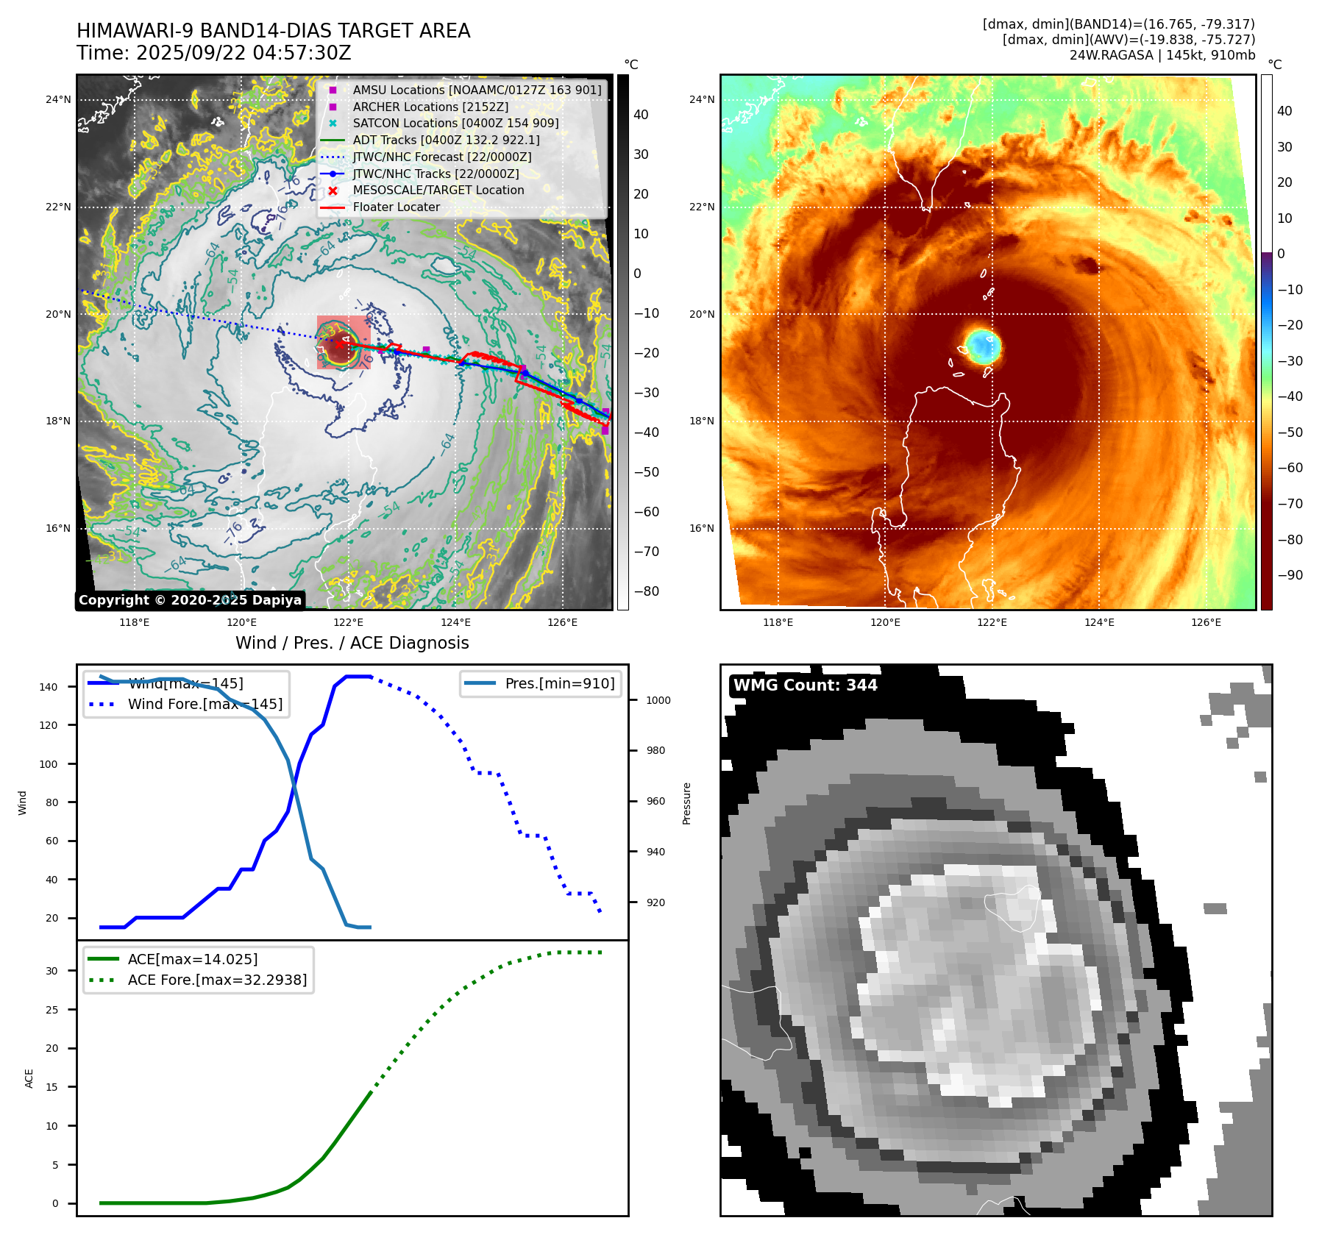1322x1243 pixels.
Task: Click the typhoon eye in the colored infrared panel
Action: pos(983,345)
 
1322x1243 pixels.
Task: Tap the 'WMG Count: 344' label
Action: pos(805,685)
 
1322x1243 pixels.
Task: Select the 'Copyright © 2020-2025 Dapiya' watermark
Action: pos(190,600)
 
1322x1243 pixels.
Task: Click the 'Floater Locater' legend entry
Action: pos(396,207)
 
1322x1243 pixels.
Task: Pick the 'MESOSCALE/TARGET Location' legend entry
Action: pos(438,190)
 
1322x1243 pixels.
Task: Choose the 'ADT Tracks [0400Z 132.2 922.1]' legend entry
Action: pos(446,140)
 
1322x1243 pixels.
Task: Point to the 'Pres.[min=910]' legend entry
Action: pos(559,683)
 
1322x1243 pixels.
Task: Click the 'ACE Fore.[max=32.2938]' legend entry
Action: pos(217,980)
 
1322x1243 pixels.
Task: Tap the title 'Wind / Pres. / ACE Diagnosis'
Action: pos(352,643)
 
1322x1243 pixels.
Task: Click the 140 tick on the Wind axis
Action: pos(49,687)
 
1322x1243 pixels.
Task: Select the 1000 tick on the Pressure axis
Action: pos(658,700)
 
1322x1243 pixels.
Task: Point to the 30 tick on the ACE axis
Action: pos(51,971)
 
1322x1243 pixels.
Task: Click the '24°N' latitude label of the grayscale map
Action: pos(59,99)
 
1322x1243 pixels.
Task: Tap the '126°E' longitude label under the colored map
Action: pos(1206,622)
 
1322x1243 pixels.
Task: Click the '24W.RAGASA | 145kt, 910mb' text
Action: pos(1162,55)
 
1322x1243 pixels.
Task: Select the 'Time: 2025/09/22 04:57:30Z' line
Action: pos(214,53)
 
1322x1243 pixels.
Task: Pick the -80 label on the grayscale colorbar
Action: pos(647,591)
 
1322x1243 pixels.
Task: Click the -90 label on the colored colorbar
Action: pos(1290,575)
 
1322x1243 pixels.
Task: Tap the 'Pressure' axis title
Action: pos(686,803)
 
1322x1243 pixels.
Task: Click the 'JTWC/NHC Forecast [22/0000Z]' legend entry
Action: pos(441,157)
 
